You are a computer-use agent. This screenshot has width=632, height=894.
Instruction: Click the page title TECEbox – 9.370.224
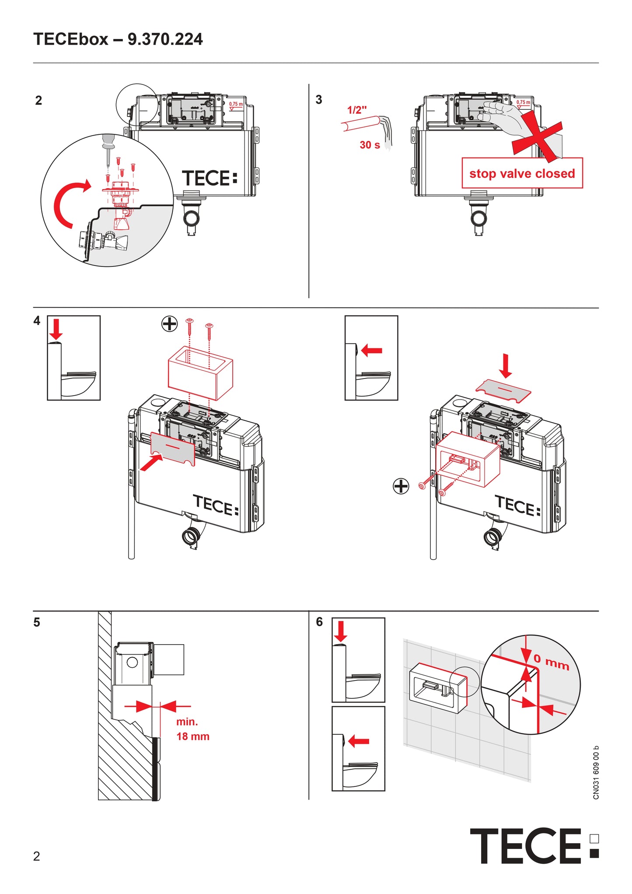pos(118,39)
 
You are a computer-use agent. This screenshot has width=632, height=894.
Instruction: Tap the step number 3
pos(319,100)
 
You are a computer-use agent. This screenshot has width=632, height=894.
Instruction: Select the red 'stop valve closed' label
pos(522,173)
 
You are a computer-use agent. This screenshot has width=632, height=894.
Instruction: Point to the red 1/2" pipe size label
pos(357,110)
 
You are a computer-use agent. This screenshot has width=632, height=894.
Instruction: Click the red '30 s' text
pos(370,145)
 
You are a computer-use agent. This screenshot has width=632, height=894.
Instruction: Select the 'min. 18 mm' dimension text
pos(192,729)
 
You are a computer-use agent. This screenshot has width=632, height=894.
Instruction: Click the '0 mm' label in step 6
pos(551,662)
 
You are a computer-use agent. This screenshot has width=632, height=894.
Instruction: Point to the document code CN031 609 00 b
pos(596,772)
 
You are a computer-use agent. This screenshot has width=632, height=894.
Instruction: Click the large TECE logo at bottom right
pos(534,846)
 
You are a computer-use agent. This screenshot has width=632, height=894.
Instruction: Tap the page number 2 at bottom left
pos(37,856)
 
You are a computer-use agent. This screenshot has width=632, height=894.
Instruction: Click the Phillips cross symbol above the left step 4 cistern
pos(170,324)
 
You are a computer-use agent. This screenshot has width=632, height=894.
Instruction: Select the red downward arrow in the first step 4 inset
pos(56,329)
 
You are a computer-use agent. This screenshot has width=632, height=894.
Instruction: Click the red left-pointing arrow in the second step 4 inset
pos(372,350)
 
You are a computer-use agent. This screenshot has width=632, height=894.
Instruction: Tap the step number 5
pos(37,622)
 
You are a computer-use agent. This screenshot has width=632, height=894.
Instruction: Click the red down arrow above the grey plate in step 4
pos(506,366)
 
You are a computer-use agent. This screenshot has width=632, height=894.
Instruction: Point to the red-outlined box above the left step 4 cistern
pos(200,372)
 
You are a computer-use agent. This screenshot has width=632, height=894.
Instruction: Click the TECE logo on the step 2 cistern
pos(210,178)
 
